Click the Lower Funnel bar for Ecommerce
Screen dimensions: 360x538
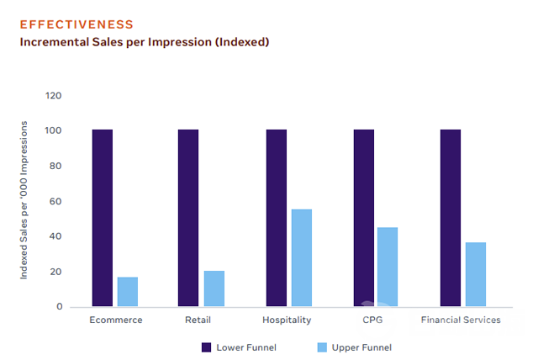tap(103, 218)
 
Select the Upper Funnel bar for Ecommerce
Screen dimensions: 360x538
tap(128, 291)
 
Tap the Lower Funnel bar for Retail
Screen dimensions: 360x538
tap(188, 218)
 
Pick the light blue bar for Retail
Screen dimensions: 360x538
tap(214, 289)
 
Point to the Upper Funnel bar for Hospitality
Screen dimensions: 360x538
tap(302, 257)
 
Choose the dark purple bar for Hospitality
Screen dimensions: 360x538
tap(277, 218)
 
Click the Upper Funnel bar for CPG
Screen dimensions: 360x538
tap(388, 267)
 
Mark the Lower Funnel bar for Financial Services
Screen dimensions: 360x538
tap(451, 218)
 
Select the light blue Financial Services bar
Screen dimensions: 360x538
tap(476, 274)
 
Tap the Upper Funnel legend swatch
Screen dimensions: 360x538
tap(322, 347)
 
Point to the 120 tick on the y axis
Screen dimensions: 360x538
tap(55, 96)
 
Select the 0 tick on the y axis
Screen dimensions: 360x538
tap(60, 306)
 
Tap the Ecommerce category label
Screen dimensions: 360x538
tap(116, 320)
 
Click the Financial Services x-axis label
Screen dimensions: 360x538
tap(461, 320)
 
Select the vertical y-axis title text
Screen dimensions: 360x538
tap(24, 200)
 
